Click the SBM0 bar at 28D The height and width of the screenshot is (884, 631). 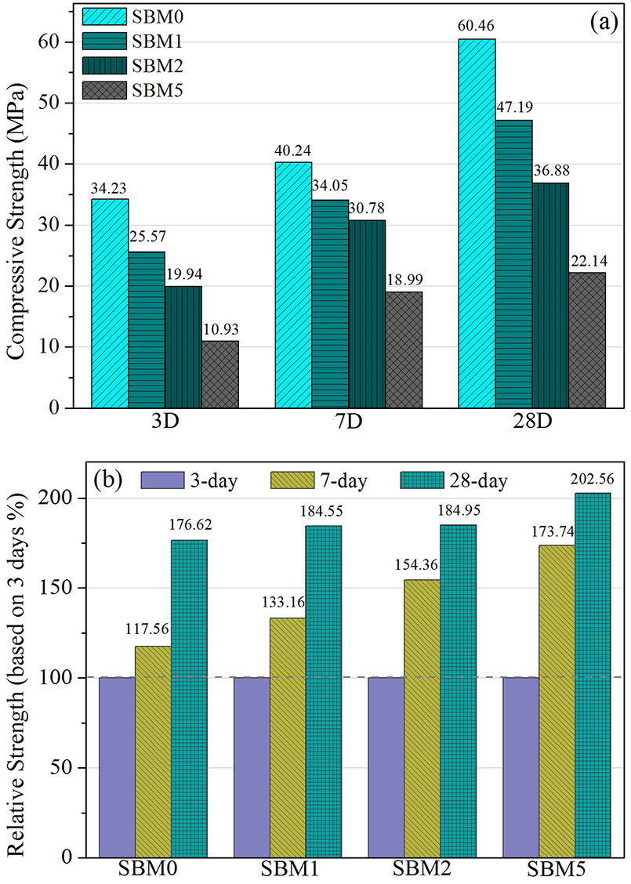[477, 223]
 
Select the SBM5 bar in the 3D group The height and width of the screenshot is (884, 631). [220, 374]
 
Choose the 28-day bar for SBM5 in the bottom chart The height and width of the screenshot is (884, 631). [593, 675]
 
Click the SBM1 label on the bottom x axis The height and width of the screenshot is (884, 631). [288, 869]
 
